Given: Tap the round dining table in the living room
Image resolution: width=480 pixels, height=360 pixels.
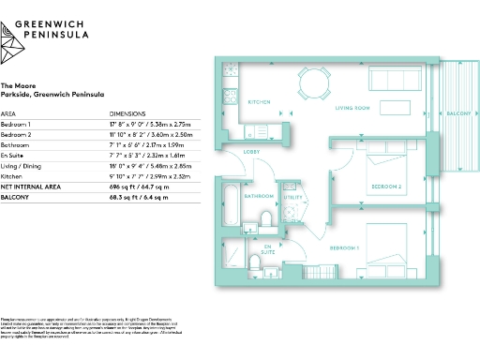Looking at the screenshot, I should pos(309,78).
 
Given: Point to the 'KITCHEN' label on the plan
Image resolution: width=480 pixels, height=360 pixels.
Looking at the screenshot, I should pos(259,101).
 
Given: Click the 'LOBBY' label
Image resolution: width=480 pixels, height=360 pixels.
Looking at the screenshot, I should pos(252,151).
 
